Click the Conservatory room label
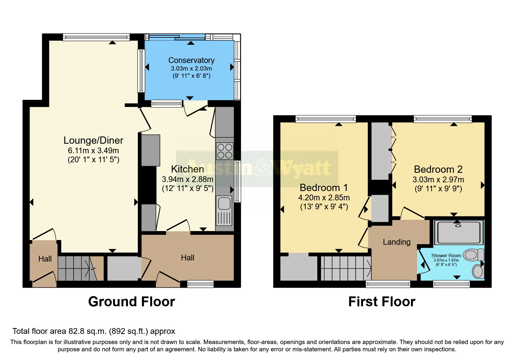(x=191, y=60)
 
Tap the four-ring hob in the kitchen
(x=225, y=151)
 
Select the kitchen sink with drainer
(x=224, y=210)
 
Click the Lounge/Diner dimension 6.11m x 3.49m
(x=93, y=150)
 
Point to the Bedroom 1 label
(x=323, y=188)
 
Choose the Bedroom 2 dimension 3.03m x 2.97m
(x=438, y=179)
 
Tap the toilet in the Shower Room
(x=473, y=255)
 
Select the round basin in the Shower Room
(x=477, y=272)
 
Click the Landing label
(x=396, y=242)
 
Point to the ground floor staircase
(x=77, y=268)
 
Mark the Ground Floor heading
(x=131, y=302)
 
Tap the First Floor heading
(x=381, y=302)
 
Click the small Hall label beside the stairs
(x=45, y=259)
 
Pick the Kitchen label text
(x=187, y=169)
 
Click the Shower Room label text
(x=446, y=255)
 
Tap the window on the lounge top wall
(x=96, y=37)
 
